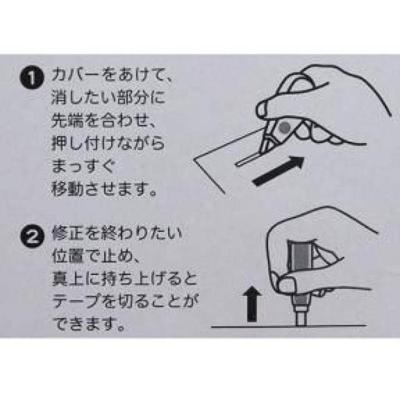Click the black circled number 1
(32, 77)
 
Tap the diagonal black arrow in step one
(279, 171)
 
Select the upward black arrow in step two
(252, 304)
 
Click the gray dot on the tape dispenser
(284, 127)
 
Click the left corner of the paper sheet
(194, 160)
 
